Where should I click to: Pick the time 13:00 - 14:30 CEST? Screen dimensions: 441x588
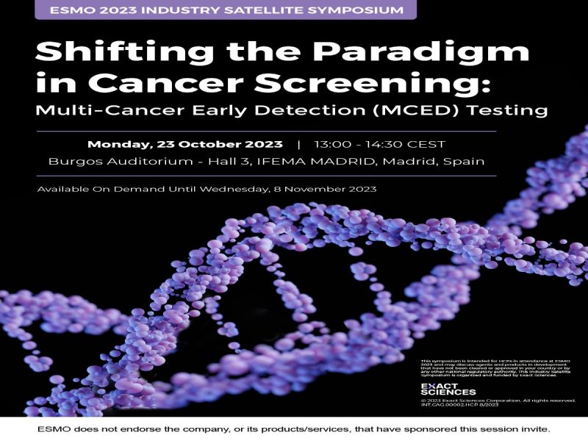coord(380,144)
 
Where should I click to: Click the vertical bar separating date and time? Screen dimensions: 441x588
coord(298,144)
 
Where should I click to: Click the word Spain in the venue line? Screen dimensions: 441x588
coord(465,162)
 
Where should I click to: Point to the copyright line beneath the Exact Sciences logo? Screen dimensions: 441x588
coord(496,400)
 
